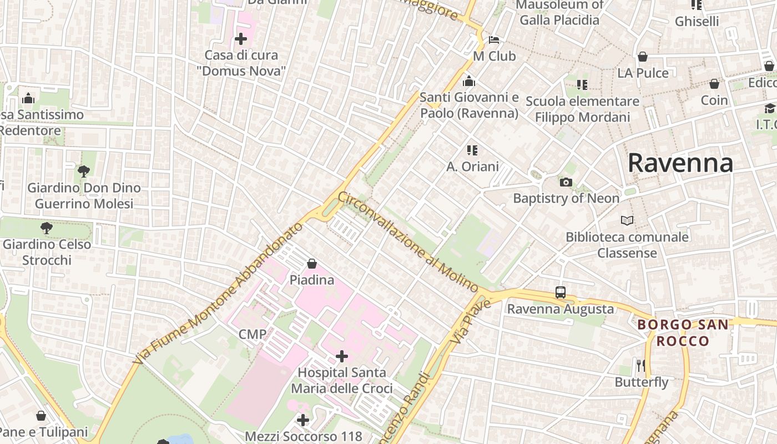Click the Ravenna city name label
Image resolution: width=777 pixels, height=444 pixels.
680,163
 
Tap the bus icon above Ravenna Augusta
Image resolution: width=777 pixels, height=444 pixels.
561,292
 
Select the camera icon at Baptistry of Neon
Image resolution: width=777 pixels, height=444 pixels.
566,182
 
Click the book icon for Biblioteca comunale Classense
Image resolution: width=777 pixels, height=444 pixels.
627,221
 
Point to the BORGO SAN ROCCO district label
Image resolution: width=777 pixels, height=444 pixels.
683,332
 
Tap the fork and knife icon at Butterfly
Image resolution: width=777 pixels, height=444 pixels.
641,365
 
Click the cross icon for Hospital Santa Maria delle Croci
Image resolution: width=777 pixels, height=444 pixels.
342,356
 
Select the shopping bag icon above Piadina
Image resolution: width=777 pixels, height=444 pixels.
312,264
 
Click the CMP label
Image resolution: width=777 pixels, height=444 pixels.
253,334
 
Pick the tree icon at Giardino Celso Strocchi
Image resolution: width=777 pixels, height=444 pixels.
47,228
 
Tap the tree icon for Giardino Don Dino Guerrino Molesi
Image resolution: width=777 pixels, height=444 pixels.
84,171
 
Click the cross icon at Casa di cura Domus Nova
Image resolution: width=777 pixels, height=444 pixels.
241,39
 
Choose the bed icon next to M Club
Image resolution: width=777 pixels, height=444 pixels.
494,39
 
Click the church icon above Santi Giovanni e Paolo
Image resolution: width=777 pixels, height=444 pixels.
469,81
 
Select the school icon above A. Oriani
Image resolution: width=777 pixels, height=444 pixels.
472,150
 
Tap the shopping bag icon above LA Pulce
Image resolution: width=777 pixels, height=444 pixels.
643,57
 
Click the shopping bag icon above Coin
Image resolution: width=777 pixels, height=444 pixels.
714,84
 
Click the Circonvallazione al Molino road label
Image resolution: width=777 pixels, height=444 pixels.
408,242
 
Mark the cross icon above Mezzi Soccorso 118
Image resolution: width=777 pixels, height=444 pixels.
303,420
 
